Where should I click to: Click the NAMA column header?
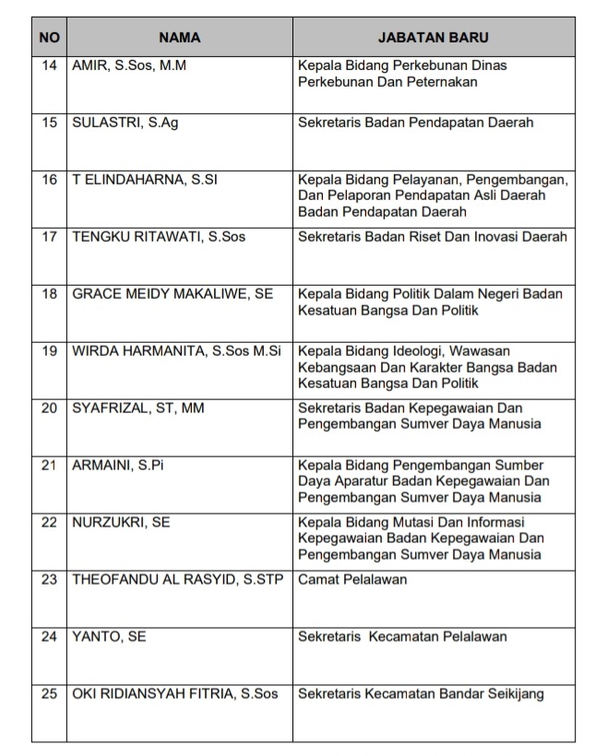coord(179,38)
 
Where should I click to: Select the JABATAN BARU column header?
coord(434,38)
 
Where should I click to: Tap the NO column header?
coord(49,38)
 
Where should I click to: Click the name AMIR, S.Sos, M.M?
coord(129,66)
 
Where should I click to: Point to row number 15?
coord(49,123)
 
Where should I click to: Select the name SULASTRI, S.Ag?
coord(125,123)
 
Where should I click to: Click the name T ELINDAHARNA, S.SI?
coord(145,180)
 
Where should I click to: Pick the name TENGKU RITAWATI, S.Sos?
coord(159,237)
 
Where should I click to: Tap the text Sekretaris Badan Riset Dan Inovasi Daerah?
coord(432,237)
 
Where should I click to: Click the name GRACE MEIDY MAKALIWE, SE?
coord(173,294)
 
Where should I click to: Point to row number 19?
coord(49,351)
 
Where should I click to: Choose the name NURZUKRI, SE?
coord(121,523)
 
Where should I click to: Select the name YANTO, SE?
coord(109,636)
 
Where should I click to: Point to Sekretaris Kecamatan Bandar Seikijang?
coord(421,693)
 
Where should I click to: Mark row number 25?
coord(49,693)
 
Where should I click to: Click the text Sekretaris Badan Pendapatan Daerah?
coord(415,123)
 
